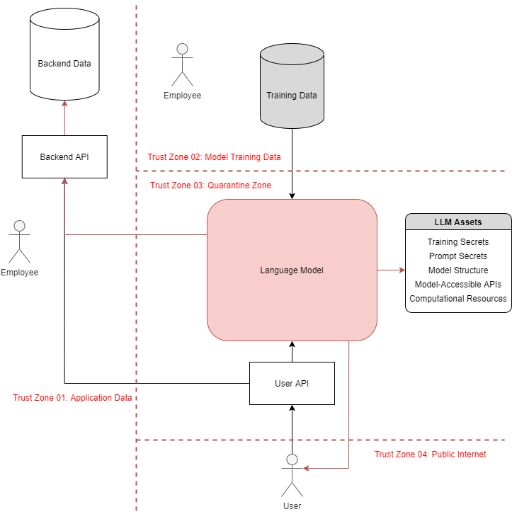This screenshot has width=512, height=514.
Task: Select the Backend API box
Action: pyautogui.click(x=64, y=156)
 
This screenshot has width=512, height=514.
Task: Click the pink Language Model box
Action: pyautogui.click(x=292, y=270)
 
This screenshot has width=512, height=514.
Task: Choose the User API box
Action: pyautogui.click(x=291, y=383)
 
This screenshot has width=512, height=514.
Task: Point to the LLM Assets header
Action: pyautogui.click(x=457, y=222)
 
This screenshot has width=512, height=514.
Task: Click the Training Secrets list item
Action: pyautogui.click(x=457, y=242)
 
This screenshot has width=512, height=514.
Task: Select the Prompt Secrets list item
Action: pyautogui.click(x=457, y=256)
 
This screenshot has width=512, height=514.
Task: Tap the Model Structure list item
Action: pyautogui.click(x=457, y=270)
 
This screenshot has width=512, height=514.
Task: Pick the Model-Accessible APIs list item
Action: pyautogui.click(x=457, y=284)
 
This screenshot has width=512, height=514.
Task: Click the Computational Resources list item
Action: pyautogui.click(x=457, y=298)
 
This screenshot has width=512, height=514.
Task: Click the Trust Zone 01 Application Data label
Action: pyautogui.click(x=73, y=398)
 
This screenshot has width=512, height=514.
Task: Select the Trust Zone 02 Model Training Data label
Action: pyautogui.click(x=215, y=157)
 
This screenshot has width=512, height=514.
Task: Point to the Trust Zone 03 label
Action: pyautogui.click(x=211, y=185)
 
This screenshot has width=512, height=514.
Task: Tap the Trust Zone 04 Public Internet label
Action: pyautogui.click(x=430, y=455)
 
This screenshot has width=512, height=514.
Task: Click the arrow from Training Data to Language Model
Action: pyautogui.click(x=292, y=163)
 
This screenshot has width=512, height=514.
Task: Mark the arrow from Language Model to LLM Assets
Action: pyautogui.click(x=391, y=270)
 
